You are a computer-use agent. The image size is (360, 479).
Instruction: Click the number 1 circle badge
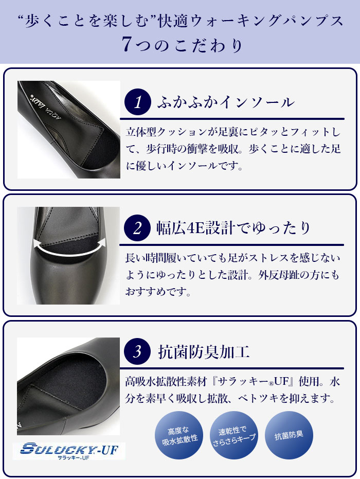[x=138, y=102]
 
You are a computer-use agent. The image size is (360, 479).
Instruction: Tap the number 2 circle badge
[x=137, y=228]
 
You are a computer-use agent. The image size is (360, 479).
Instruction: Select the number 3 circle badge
[x=137, y=351]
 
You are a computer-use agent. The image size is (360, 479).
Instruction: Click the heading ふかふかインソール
[x=226, y=102]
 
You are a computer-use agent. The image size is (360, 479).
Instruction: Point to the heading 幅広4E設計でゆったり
[x=233, y=228]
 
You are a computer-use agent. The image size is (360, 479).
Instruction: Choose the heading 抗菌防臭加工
[x=204, y=351]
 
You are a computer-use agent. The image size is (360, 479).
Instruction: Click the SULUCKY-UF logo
[x=69, y=451]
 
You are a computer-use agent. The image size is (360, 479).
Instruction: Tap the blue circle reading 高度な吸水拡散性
[x=179, y=435]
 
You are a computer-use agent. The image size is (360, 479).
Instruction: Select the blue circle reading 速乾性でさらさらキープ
[x=234, y=435]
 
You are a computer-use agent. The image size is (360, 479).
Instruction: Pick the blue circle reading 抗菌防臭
[x=289, y=435]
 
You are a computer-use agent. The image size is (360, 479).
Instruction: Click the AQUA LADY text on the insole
[x=46, y=107]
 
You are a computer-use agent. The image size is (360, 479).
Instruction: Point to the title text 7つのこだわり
[x=183, y=45]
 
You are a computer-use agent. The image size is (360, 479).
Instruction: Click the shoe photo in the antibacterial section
[x=68, y=386]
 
